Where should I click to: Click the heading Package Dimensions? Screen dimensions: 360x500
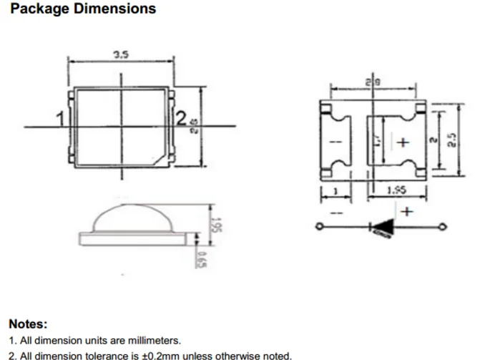click(x=84, y=9)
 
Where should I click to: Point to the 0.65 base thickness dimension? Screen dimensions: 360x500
click(x=202, y=258)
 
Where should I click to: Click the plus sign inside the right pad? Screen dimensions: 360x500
click(x=403, y=142)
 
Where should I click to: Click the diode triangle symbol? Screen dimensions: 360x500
click(x=381, y=228)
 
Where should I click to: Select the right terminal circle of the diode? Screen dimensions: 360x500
click(x=443, y=228)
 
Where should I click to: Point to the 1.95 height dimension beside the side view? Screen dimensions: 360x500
click(x=214, y=227)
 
